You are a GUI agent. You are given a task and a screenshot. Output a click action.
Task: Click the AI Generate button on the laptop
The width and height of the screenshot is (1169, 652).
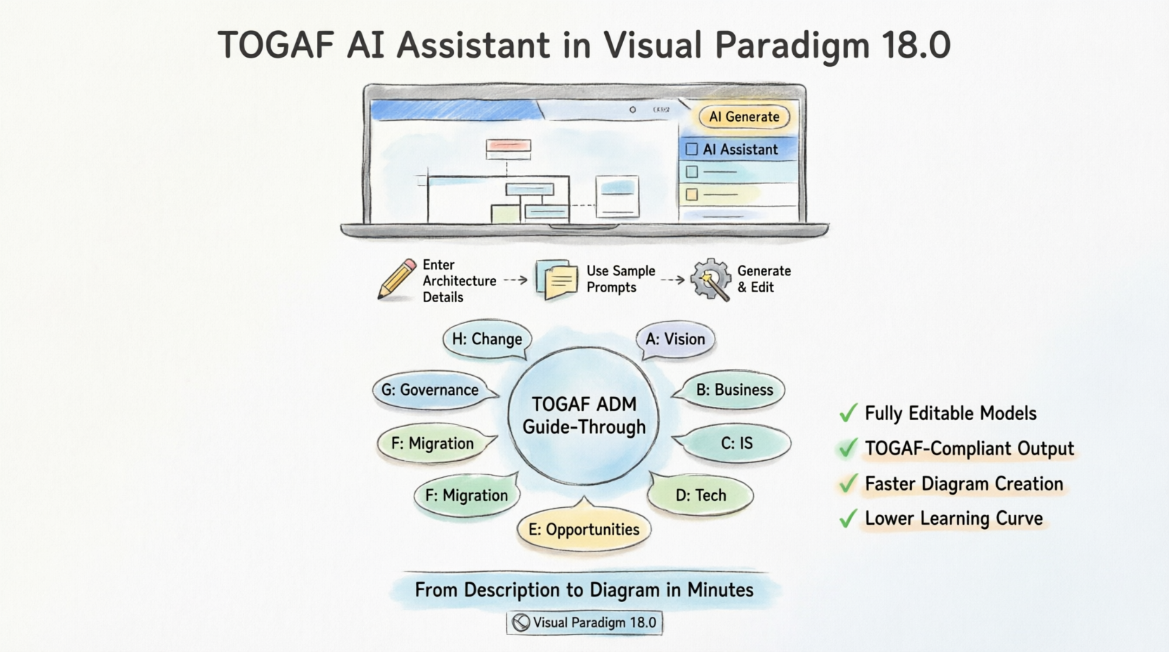pos(744,117)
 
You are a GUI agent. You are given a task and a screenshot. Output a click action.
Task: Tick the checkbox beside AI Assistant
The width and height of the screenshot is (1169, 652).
pos(691,149)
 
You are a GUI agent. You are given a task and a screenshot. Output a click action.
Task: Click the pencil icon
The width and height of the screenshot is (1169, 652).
pos(397,279)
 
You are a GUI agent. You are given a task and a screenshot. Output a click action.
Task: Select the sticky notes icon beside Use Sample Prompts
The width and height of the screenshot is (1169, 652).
pos(556,280)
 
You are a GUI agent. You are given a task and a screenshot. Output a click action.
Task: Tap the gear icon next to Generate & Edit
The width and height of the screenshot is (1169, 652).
pos(710,279)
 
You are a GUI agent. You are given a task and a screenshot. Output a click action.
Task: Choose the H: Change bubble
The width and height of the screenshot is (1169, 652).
pos(487,339)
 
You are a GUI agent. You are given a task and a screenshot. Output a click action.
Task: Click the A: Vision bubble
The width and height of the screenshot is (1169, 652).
pos(675,339)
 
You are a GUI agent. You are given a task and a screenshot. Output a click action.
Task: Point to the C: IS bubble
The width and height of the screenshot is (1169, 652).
pos(736,443)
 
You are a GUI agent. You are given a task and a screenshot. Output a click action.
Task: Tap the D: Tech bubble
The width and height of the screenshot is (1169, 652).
pos(700,495)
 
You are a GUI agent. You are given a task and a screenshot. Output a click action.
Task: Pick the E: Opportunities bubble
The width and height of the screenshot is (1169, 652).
pos(584,530)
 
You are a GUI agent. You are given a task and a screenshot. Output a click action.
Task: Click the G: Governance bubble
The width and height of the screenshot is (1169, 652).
pos(430,390)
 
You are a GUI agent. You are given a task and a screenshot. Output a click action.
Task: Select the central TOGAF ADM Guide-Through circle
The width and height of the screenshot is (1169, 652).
pos(584,416)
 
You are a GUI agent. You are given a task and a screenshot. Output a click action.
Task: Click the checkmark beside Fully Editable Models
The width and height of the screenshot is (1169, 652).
pos(849,413)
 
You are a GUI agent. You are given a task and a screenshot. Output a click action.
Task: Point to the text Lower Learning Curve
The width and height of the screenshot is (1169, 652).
pos(953,519)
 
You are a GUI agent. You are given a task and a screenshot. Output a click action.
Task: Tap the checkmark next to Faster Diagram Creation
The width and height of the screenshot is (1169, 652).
pos(849,483)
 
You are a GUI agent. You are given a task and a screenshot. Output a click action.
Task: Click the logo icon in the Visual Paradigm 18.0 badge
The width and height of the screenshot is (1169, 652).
pos(521,622)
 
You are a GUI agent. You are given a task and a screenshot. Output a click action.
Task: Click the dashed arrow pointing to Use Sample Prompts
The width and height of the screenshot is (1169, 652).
pos(516,280)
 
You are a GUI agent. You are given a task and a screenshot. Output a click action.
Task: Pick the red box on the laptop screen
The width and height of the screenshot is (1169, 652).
pos(508,146)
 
